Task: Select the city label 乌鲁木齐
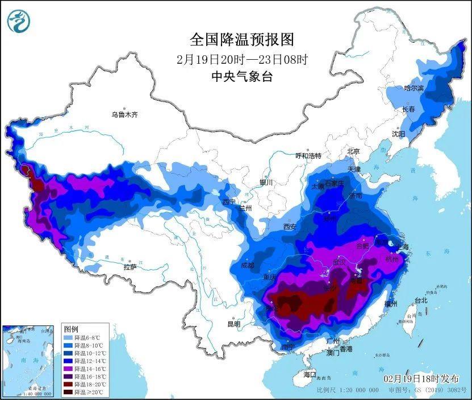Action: (x=124, y=115)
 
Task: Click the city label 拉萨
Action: (x=130, y=267)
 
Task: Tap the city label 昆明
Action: (x=233, y=324)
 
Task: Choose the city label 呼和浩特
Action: (x=308, y=156)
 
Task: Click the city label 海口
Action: (x=310, y=374)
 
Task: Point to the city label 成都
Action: (x=248, y=265)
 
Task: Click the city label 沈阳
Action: (x=398, y=134)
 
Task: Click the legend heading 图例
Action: (x=71, y=329)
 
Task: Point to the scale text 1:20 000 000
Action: (x=356, y=391)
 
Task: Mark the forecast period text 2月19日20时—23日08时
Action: (x=243, y=59)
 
